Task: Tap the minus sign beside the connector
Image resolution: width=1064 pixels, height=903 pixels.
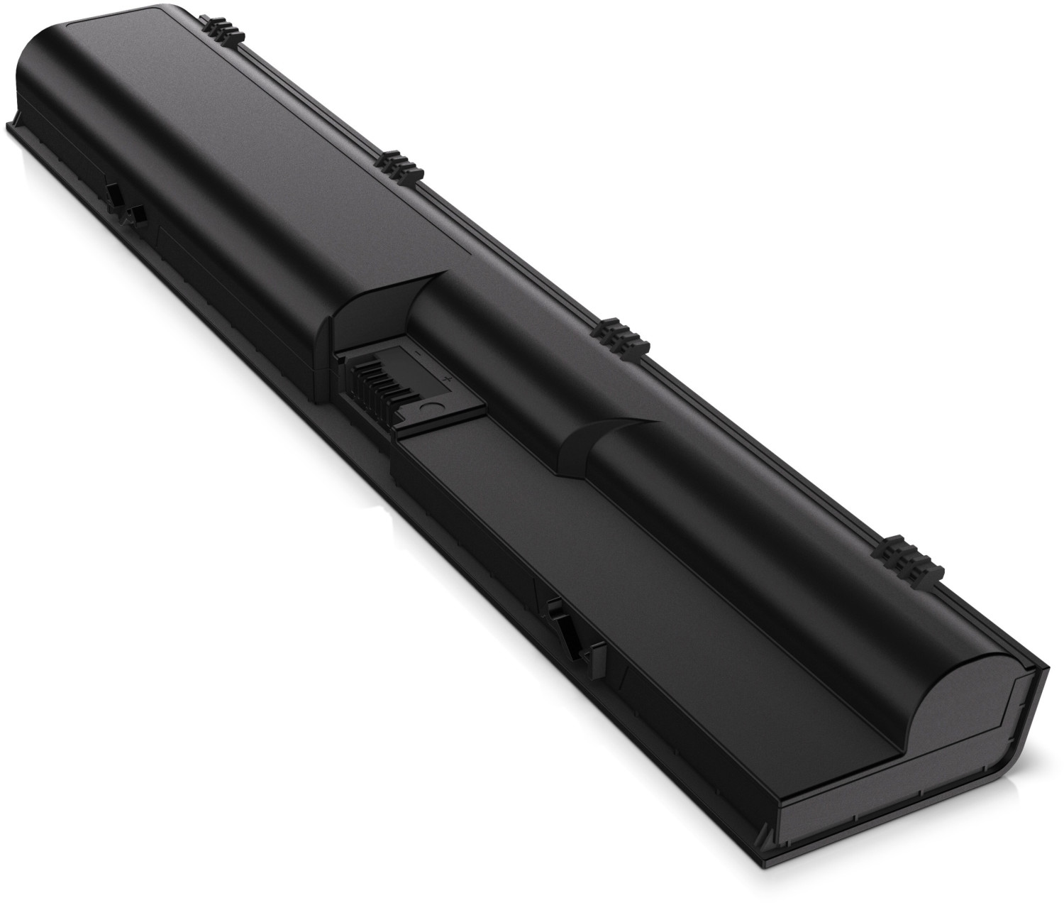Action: point(419,353)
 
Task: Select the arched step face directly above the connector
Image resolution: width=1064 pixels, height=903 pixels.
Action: point(369,305)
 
